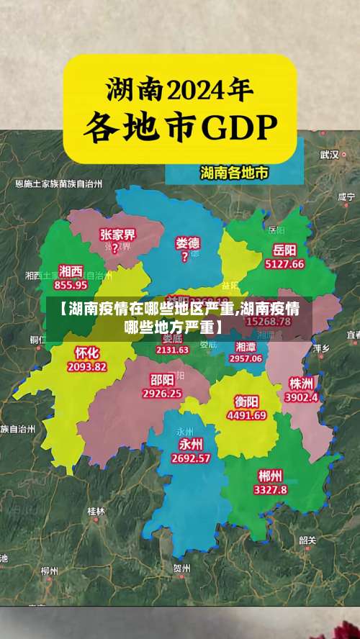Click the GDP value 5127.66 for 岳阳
[284, 264]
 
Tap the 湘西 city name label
[71, 271]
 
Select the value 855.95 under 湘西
[71, 284]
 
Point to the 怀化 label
[87, 353]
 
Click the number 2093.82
[87, 366]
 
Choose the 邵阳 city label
[162, 380]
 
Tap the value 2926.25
[162, 394]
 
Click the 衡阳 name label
[246, 401]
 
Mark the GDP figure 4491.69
[246, 415]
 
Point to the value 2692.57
[190, 458]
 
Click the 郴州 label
[270, 476]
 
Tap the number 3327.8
[270, 489]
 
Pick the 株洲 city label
[300, 382]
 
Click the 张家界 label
[117, 235]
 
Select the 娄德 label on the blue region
[188, 243]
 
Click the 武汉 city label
[330, 154]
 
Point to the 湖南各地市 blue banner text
[234, 173]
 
